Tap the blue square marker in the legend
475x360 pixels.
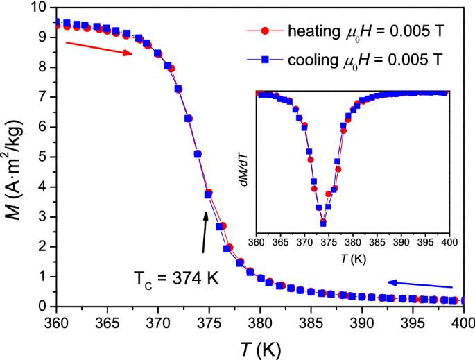click(264, 60)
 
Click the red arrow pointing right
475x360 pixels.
click(98, 49)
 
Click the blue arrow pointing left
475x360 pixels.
click(420, 284)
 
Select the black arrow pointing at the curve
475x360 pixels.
click(205, 232)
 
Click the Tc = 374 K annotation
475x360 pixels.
click(176, 279)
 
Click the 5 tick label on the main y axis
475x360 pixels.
click(44, 157)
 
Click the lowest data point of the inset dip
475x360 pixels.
click(323, 223)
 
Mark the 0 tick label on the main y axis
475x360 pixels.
click(44, 307)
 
